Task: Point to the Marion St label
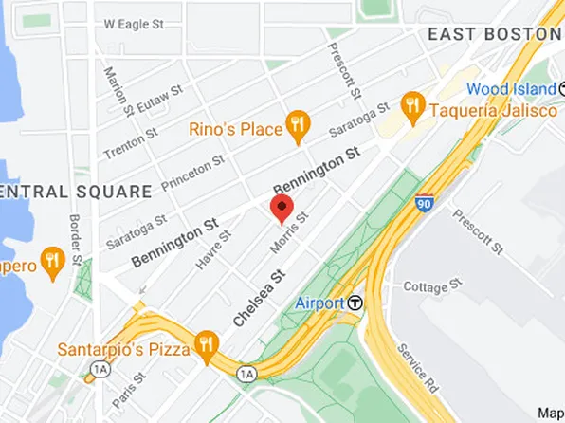click(x=115, y=87)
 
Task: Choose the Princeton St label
click(x=191, y=172)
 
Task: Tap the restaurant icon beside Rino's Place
click(x=300, y=122)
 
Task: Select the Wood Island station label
click(x=512, y=88)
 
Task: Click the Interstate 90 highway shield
click(x=426, y=202)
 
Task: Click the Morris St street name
click(x=289, y=232)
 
